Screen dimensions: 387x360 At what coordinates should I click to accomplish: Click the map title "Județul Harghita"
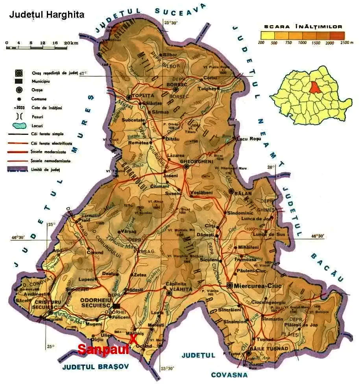[x=46, y=15]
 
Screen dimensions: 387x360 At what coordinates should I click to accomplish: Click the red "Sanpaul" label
[x=103, y=349]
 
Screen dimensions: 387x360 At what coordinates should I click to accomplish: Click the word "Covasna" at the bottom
[x=229, y=375]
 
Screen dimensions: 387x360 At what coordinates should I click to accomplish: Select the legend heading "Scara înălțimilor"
[x=303, y=27]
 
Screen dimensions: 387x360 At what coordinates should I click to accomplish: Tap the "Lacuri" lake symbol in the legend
[x=18, y=126]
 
